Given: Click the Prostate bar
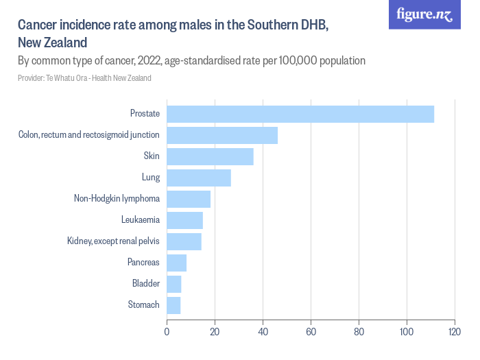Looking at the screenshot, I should [300, 114].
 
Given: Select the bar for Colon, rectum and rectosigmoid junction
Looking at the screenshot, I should [222, 135].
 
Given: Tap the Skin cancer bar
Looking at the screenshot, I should [210, 156].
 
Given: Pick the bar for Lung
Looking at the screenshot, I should [199, 178].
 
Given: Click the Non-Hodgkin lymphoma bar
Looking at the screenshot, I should [189, 199].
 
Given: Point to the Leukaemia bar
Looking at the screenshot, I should [184, 220].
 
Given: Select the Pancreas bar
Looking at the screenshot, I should [176, 263].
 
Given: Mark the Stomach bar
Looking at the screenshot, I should [173, 305].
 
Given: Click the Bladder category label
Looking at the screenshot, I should [145, 284].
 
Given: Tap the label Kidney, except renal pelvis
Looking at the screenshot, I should [113, 241].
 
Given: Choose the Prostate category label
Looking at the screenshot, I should [145, 114].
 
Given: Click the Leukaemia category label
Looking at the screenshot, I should [140, 220].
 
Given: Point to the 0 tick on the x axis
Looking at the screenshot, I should [167, 332].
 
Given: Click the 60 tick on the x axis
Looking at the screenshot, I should [311, 332].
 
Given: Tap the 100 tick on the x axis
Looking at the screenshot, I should [407, 332].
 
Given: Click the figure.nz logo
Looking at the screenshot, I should [424, 14].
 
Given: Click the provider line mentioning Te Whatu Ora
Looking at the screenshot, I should [84, 78].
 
